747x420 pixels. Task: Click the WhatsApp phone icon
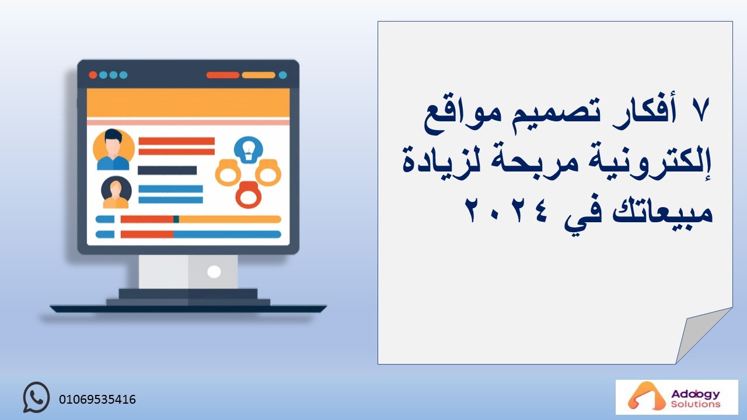point(36,397)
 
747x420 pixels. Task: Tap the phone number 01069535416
point(97,400)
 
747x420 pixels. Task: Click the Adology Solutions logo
point(676,397)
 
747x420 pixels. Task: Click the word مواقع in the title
point(458,115)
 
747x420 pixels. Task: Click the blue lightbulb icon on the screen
point(249,150)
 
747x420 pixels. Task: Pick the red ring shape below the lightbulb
point(249,195)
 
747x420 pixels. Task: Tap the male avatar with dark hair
point(113,149)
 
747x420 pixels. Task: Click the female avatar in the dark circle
point(116,192)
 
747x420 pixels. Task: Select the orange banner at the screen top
point(188,103)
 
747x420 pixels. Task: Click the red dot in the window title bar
point(93,75)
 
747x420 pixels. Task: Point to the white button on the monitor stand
point(214,272)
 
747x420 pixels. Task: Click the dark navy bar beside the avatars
point(167,170)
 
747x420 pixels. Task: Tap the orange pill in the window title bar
point(259,75)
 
